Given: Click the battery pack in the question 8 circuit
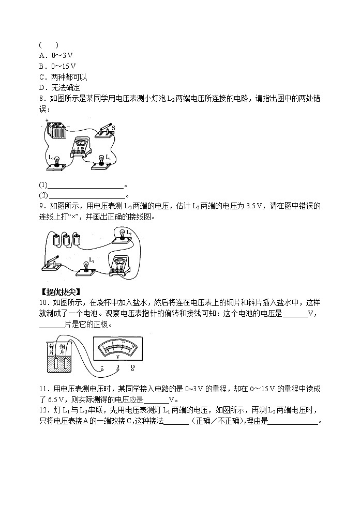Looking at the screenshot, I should [x=56, y=130].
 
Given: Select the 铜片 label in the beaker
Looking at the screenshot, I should [x=62, y=349].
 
